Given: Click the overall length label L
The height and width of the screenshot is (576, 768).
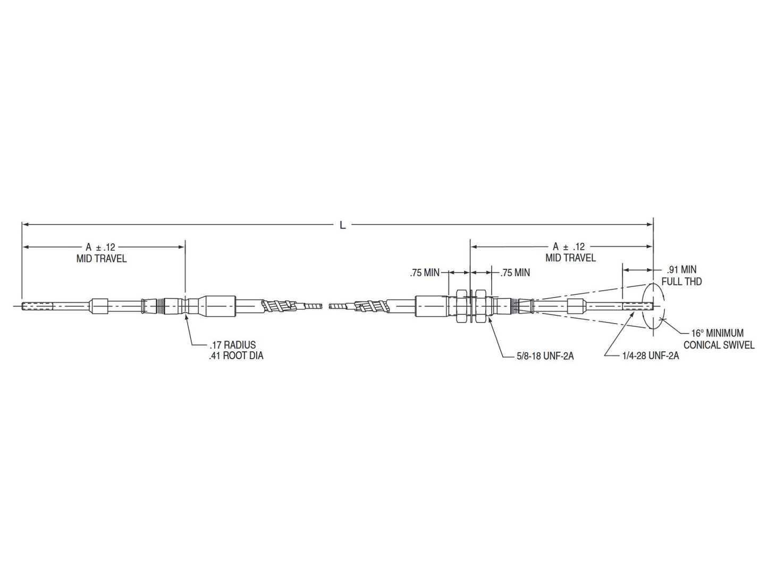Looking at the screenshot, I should click(x=343, y=225).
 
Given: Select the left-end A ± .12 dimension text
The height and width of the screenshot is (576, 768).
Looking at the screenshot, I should click(x=101, y=247).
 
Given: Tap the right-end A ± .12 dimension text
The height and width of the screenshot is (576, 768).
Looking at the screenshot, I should click(x=568, y=247).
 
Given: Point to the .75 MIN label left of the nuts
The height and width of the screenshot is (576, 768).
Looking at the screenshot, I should click(x=425, y=273).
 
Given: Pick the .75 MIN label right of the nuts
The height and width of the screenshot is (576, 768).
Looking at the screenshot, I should click(x=515, y=273).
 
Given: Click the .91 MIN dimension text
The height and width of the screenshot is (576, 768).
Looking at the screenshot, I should click(x=681, y=270).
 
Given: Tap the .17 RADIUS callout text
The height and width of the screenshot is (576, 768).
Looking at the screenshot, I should click(x=232, y=345).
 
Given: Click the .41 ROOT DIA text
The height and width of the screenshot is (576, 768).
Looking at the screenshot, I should click(x=235, y=355).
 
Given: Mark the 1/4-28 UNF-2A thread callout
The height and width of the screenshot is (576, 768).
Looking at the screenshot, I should click(x=651, y=355).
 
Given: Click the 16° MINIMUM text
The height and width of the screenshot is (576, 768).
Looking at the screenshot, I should click(x=717, y=333).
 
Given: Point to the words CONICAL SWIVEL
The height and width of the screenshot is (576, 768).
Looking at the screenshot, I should click(x=719, y=345).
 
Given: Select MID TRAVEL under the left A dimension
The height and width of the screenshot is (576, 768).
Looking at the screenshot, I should click(x=101, y=259).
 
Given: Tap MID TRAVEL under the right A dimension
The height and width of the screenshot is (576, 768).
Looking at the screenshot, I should click(x=570, y=258).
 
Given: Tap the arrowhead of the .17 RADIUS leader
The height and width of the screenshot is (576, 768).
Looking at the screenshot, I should click(x=186, y=316).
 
